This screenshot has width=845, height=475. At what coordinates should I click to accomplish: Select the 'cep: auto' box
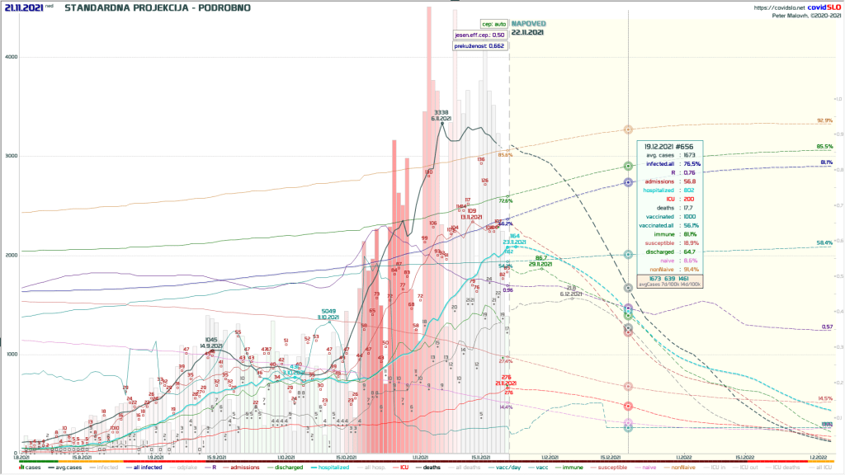point(493,24)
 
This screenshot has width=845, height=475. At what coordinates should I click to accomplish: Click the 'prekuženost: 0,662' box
point(479,46)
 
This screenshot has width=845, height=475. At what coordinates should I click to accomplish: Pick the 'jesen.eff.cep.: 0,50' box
point(479,35)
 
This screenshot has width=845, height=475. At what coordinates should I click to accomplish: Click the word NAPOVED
point(527,24)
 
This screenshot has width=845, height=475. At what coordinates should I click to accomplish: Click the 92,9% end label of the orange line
point(824,120)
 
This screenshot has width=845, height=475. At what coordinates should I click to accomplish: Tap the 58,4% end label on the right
point(824,242)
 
